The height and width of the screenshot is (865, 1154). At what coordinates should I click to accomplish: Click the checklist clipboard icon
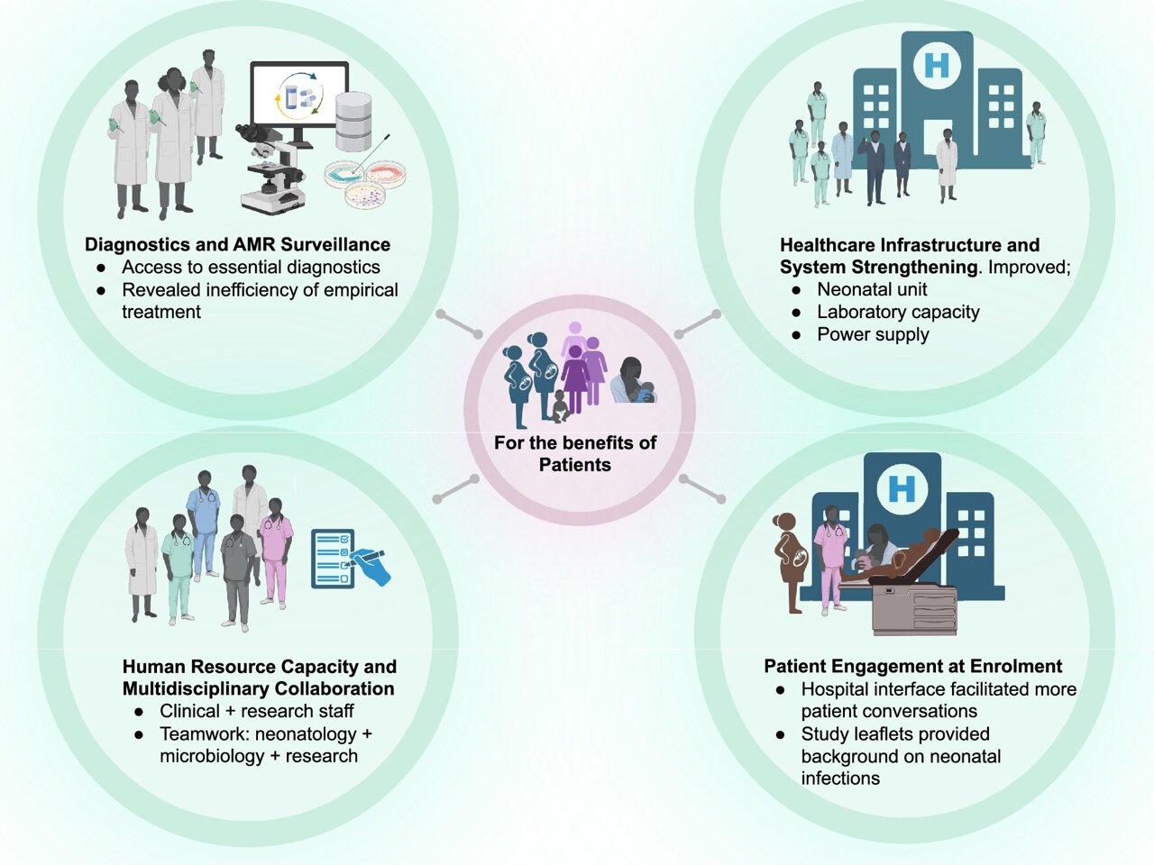331,559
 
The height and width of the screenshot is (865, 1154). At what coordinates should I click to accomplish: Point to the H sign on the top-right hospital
937,65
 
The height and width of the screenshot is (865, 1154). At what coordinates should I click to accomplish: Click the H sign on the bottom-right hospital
902,488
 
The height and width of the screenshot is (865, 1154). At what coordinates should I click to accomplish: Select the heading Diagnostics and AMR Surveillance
237,244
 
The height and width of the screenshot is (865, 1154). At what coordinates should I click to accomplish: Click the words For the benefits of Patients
575,453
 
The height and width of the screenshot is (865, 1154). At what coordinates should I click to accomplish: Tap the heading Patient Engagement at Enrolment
912,666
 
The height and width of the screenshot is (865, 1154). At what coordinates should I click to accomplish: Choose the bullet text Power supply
873,334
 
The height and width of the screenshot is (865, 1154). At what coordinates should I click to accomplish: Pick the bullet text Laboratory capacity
898,312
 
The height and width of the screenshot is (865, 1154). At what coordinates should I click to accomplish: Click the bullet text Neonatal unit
872,289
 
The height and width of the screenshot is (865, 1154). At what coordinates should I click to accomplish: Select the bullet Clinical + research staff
256,711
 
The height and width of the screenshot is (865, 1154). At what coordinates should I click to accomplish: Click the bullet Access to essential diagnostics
251,267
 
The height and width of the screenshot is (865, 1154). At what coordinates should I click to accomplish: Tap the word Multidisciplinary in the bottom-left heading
193,688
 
